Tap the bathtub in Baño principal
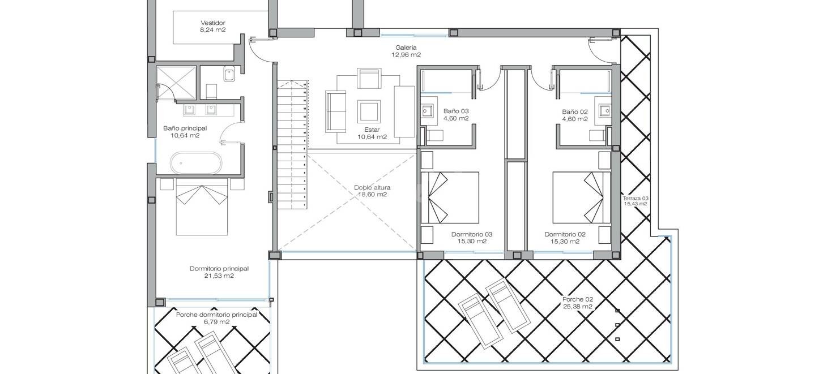pos(196,163)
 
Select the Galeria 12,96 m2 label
pos(406,51)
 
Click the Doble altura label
pos(372,187)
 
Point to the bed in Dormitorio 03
pos(450,197)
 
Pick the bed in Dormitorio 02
pos(582,197)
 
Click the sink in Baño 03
pos(427,111)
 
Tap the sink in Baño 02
pos(604,111)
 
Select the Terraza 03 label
pos(635,199)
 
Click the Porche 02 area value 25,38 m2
pos(577,307)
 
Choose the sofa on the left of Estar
pos(335,111)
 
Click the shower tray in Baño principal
pos(176,83)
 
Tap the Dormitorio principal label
pos(219,268)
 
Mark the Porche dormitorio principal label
pos(216,315)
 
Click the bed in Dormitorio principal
pos(202,207)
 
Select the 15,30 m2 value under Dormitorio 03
pos(472,241)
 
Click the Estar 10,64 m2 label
pos(372,133)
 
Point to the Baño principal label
pos(185,128)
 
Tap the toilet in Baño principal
pos(211,91)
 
